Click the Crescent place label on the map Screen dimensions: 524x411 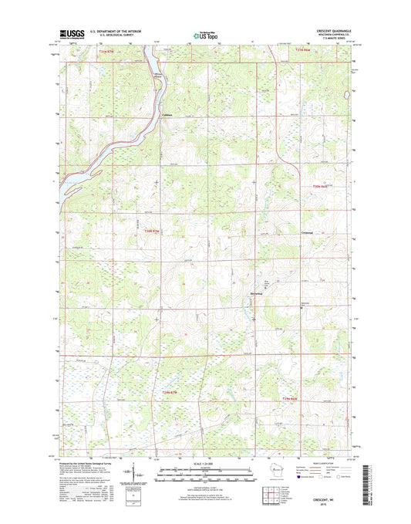(308, 233)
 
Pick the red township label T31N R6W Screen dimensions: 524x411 (306, 52)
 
